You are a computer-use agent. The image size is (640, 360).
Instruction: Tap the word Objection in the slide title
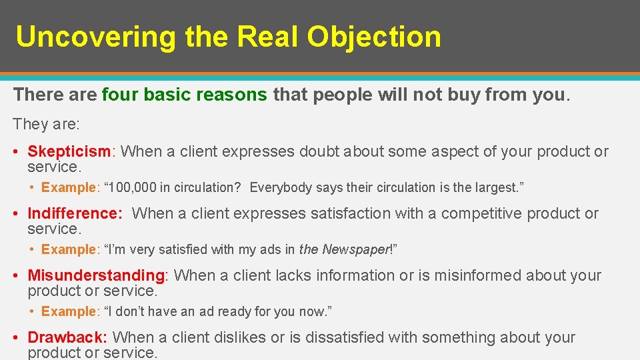click(x=374, y=37)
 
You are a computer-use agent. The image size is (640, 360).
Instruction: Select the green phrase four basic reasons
click(x=184, y=95)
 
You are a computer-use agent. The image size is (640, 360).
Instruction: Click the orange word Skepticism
click(x=69, y=151)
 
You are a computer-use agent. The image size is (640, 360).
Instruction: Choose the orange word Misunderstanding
click(x=96, y=275)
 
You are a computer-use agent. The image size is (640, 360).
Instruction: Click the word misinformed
click(x=471, y=275)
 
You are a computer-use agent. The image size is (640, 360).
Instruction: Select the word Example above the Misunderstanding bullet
click(x=69, y=249)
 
